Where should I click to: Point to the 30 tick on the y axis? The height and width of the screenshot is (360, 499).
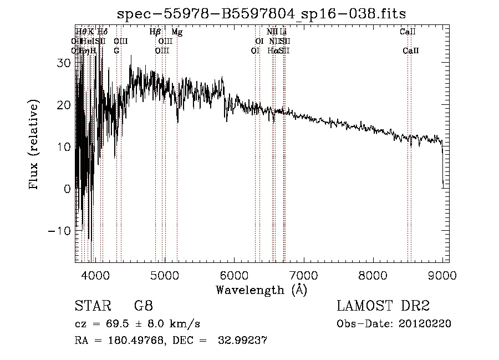coord(65,63)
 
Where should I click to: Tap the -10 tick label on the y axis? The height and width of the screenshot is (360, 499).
coord(62,231)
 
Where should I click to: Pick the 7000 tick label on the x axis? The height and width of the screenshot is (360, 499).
coord(304,274)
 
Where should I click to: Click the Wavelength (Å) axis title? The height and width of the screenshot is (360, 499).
coord(261,290)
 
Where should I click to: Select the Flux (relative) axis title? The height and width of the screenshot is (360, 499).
coord(34,146)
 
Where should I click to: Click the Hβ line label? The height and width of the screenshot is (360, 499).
coord(155,32)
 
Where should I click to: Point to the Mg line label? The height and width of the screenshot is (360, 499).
coord(177,32)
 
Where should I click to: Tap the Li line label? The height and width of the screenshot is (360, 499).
coord(283,32)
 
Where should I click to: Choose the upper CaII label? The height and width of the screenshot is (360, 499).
coord(408,32)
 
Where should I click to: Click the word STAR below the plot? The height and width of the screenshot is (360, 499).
coord(90,306)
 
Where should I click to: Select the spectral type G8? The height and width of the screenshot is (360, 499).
coord(143,306)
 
